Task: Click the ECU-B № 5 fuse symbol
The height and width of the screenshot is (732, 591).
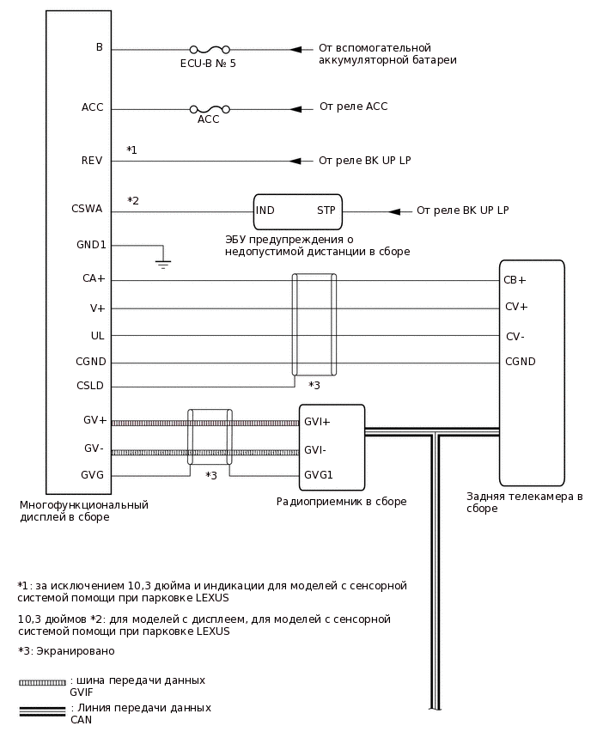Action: tap(208, 50)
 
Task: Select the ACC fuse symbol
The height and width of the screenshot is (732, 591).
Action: tap(209, 109)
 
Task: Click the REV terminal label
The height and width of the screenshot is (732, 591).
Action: tap(92, 161)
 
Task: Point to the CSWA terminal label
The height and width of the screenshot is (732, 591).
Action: tap(87, 209)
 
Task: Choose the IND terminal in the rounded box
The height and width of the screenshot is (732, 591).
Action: tap(265, 210)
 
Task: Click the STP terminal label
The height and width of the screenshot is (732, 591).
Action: tap(326, 210)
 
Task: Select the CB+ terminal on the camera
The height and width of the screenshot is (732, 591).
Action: tap(515, 280)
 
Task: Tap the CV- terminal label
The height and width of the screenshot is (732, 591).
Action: tap(515, 336)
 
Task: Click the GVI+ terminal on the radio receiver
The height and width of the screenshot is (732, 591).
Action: tap(317, 422)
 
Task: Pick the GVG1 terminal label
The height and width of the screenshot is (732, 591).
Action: tap(319, 475)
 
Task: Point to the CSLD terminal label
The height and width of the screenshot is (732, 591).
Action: tap(90, 387)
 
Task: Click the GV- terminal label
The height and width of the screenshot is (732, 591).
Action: tap(94, 448)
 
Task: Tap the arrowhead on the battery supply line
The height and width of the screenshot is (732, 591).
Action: tap(295, 50)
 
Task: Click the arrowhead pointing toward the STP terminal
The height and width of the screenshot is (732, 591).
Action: tap(394, 211)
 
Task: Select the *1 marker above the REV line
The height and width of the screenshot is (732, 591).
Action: tap(131, 150)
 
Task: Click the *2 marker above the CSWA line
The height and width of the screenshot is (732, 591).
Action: tap(133, 201)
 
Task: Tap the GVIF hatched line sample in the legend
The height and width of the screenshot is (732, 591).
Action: tap(42, 683)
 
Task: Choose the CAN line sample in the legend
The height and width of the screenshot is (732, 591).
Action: tap(42, 711)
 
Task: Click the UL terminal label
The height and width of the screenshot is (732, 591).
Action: tap(97, 336)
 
